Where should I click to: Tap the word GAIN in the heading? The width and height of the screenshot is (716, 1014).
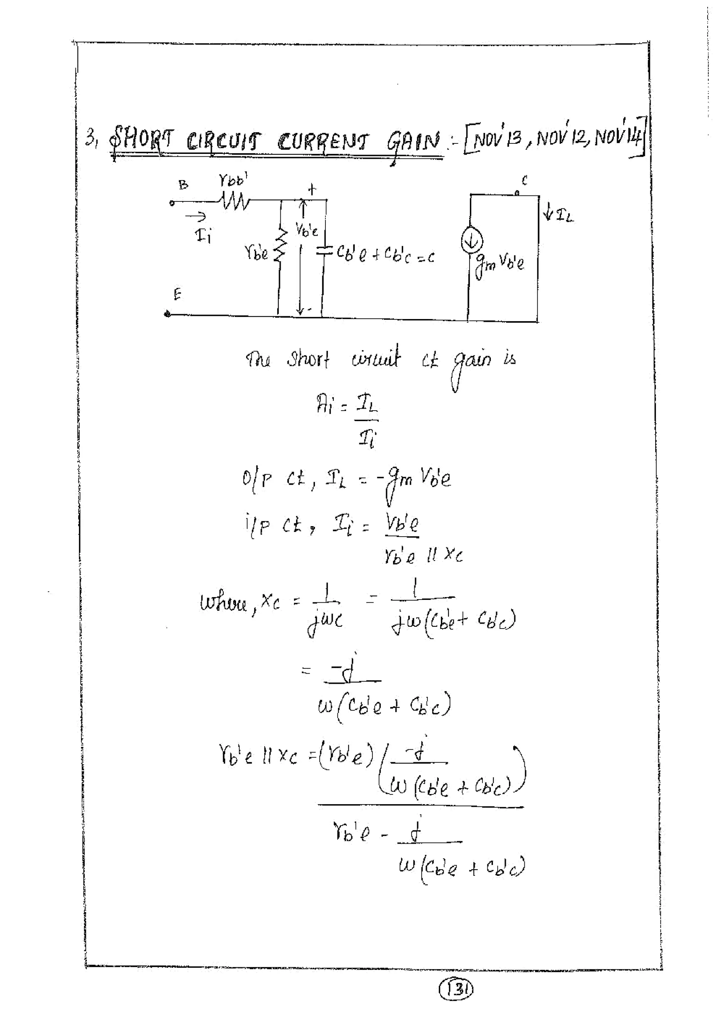(414, 142)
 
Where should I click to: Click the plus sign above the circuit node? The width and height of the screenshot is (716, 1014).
(312, 190)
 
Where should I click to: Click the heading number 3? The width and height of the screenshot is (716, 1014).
(91, 139)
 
